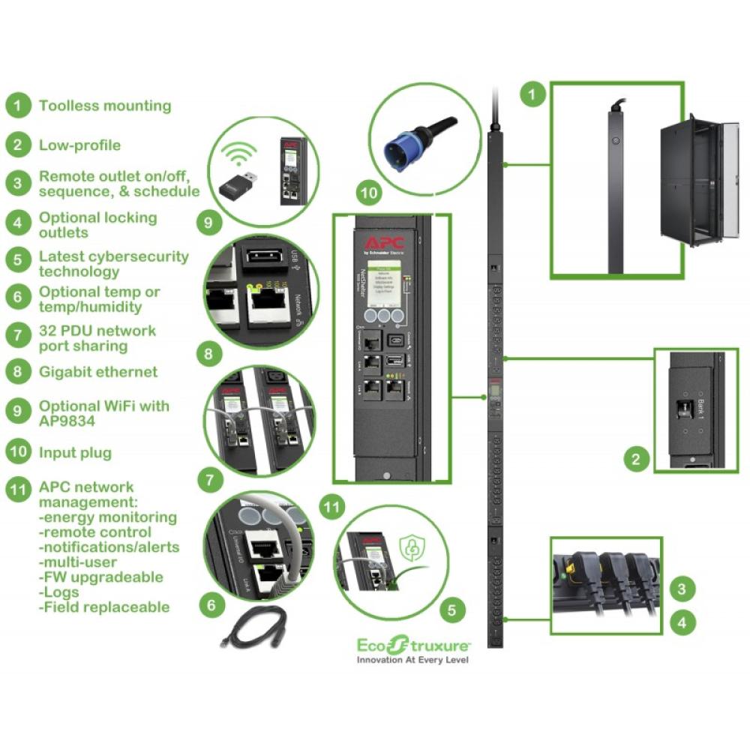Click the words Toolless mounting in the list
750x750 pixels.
tap(105, 106)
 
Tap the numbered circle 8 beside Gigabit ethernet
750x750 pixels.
tap(18, 372)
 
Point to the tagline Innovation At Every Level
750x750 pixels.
tap(412, 660)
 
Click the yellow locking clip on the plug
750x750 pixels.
tap(580, 565)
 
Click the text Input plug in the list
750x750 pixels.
tap(75, 452)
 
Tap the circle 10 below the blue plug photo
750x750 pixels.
tap(369, 193)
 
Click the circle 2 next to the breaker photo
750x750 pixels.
tap(636, 459)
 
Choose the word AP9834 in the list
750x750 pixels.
tap(68, 421)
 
